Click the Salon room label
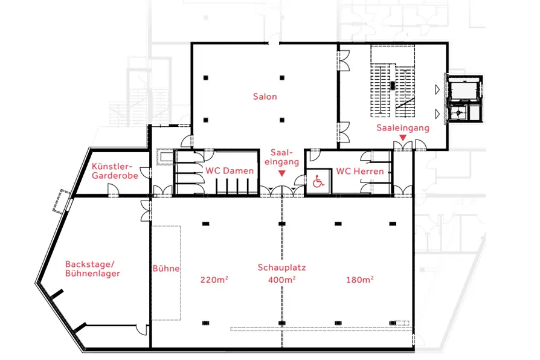pyautogui.click(x=265, y=97)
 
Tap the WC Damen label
pyautogui.click(x=230, y=170)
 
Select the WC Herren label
pyautogui.click(x=360, y=171)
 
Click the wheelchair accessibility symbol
pyautogui.click(x=318, y=181)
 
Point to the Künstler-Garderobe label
pyautogui.click(x=115, y=171)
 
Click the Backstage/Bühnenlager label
pyautogui.click(x=92, y=269)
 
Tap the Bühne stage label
pyautogui.click(x=166, y=268)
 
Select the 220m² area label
pyautogui.click(x=214, y=280)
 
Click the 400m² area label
pyautogui.click(x=281, y=280)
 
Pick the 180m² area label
pyautogui.click(x=360, y=280)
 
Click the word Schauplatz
pyautogui.click(x=281, y=268)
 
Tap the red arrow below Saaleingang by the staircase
pyautogui.click(x=403, y=138)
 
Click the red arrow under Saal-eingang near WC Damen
pyautogui.click(x=281, y=173)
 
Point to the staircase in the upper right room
pyautogui.click(x=393, y=90)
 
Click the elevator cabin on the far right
pyautogui.click(x=463, y=90)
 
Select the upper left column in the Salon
pyautogui.click(x=205, y=78)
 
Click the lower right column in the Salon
pyautogui.click(x=282, y=120)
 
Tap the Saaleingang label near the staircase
pyautogui.click(x=403, y=128)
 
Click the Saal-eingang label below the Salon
pyautogui.click(x=281, y=157)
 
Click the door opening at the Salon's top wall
pyautogui.click(x=274, y=43)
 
